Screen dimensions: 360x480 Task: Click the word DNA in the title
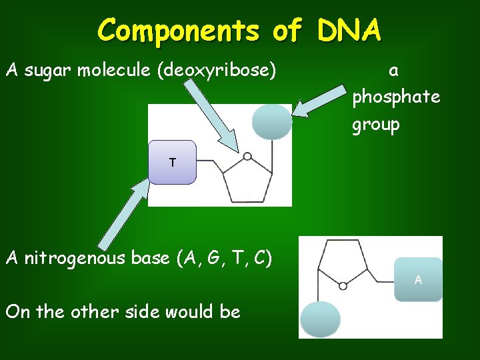click(x=349, y=29)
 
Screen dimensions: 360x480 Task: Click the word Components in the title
click(x=177, y=29)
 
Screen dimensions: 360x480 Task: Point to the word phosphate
click(x=396, y=97)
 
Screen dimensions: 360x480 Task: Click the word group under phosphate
click(x=376, y=125)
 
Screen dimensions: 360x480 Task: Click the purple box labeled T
click(x=173, y=162)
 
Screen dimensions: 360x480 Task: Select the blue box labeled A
click(x=418, y=280)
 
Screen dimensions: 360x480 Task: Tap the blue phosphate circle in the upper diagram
click(x=272, y=122)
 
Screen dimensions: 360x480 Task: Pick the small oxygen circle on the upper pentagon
click(x=247, y=157)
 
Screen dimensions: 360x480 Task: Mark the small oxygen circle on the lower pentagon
click(x=343, y=285)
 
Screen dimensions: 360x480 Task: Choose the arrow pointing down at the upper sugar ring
click(x=212, y=117)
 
